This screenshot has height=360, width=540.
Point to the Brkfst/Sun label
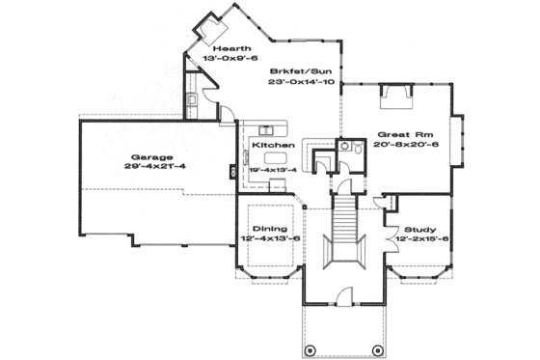[301, 71]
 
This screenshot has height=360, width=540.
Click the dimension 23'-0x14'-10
[301, 84]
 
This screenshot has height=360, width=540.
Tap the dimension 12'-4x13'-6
[263, 239]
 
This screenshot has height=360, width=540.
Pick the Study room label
[418, 228]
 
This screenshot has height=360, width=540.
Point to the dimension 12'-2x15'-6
[418, 239]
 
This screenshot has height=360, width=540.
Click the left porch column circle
[309, 348]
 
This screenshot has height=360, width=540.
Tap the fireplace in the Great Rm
[397, 91]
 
